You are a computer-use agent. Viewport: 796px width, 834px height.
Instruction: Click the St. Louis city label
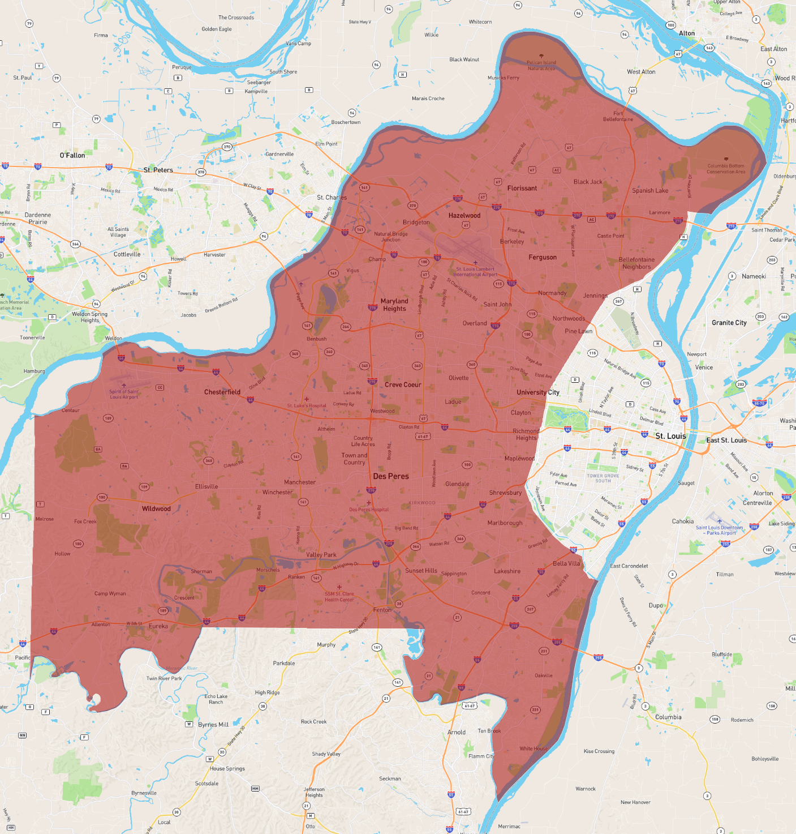pos(670,436)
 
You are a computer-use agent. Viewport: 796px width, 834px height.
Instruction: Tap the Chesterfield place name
pos(222,392)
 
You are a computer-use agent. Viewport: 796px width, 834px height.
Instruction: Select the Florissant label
pos(522,188)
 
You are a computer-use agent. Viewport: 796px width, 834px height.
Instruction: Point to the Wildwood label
pos(156,508)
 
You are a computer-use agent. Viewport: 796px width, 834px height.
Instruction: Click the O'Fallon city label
pos(72,155)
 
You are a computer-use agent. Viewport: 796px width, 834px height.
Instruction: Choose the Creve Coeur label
pos(403,384)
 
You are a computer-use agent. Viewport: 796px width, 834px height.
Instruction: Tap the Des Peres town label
pos(391,476)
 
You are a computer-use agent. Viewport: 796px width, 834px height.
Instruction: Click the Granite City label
pos(729,323)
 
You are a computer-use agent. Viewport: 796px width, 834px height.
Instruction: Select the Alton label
pos(687,33)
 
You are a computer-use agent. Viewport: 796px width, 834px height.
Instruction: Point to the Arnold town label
pos(457,732)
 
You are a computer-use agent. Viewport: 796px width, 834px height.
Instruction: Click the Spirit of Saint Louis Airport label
pos(124,394)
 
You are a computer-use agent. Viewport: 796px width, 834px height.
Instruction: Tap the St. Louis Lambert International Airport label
pos(475,272)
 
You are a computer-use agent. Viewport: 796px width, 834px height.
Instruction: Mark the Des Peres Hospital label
pos(369,509)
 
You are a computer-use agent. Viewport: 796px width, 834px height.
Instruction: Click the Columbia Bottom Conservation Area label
pos(726,169)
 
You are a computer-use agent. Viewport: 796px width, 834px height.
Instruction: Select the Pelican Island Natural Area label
pos(541,65)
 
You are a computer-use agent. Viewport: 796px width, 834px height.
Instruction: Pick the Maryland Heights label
pos(394,305)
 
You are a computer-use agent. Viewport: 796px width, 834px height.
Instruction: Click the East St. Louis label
pos(726,440)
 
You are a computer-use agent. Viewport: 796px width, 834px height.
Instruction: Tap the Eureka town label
pos(158,626)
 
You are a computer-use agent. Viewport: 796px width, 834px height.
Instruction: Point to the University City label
pos(538,392)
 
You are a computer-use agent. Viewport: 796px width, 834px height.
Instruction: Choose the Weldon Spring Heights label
pos(89,317)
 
